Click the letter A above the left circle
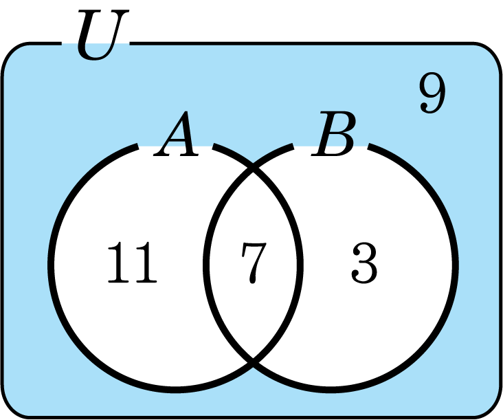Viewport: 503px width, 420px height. pyautogui.click(x=177, y=136)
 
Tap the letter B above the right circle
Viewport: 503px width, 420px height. pyautogui.click(x=334, y=136)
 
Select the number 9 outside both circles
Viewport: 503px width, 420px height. pyautogui.click(x=432, y=95)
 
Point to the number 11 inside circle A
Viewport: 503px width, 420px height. pyautogui.click(x=132, y=264)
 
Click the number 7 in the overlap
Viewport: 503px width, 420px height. pyautogui.click(x=252, y=263)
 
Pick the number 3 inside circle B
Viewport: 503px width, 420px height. pyautogui.click(x=364, y=264)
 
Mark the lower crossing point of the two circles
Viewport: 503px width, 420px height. pyautogui.click(x=253, y=360)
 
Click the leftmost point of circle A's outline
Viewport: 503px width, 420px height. pyautogui.click(x=51, y=263)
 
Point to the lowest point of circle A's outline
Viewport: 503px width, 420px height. pyautogui.click(x=175, y=388)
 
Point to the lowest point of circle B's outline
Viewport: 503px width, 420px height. pyautogui.click(x=331, y=388)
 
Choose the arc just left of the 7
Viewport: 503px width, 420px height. pyautogui.click(x=206, y=263)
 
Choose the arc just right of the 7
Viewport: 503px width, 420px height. pyautogui.click(x=300, y=263)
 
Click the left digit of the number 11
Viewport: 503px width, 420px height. pyautogui.click(x=119, y=264)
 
